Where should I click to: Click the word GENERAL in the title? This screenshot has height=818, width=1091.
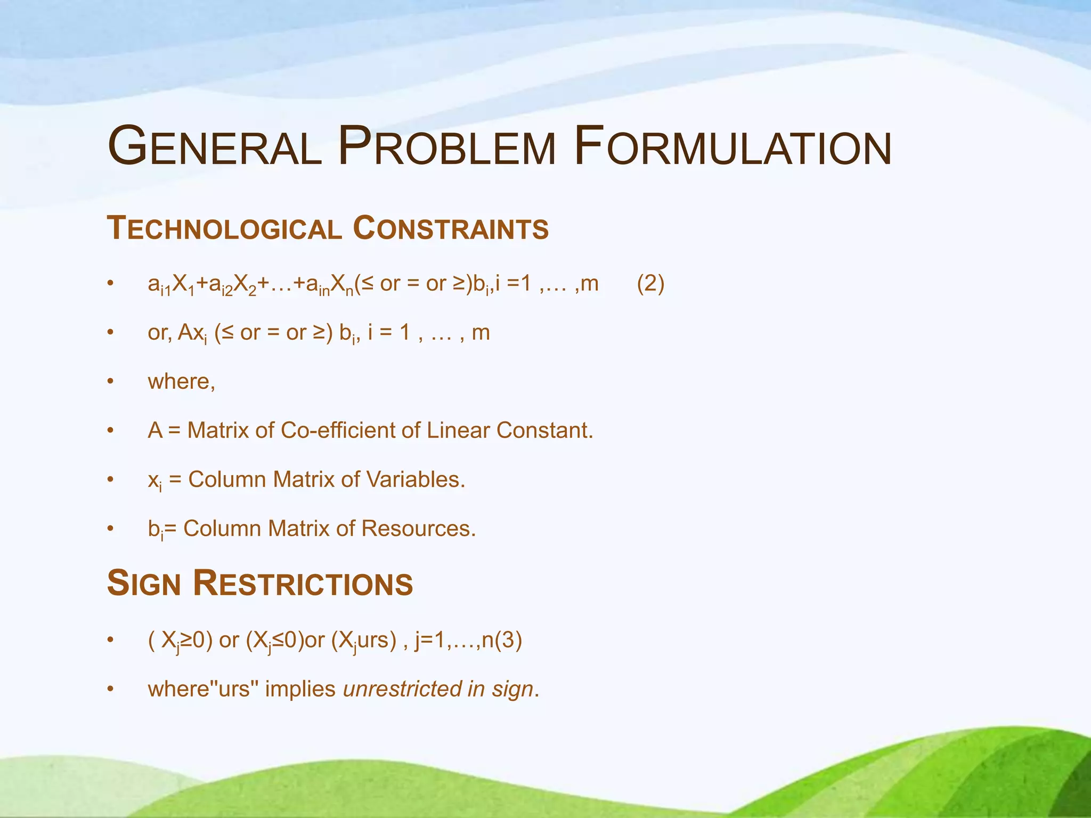(215, 146)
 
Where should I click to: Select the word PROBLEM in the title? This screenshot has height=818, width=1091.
(446, 146)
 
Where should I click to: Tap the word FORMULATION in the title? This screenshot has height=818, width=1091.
(733, 146)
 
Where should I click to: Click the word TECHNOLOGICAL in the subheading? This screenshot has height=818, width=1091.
(224, 228)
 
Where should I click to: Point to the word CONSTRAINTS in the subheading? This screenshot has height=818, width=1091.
(451, 228)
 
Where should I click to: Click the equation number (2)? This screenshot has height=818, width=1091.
(650, 284)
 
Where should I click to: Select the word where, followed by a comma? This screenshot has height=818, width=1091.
(182, 382)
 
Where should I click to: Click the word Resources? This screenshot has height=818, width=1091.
(418, 528)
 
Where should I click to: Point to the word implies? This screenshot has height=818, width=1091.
(300, 689)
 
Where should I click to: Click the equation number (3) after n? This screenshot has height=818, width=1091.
(508, 640)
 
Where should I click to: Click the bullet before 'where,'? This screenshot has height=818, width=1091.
(110, 382)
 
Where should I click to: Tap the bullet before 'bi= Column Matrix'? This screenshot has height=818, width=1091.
(110, 529)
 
